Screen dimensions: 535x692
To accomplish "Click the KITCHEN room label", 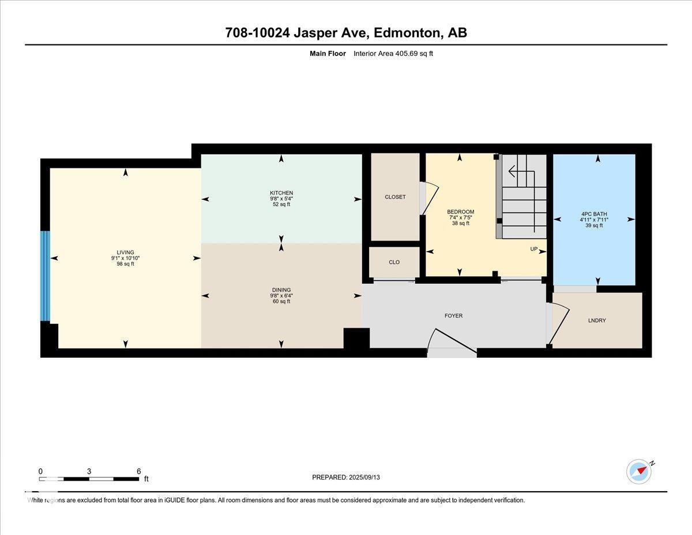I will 281,193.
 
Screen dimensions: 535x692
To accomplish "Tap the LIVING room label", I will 125,252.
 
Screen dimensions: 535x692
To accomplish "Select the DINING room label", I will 281,290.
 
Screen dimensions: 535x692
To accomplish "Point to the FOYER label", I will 453,316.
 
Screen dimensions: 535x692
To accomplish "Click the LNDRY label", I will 597,320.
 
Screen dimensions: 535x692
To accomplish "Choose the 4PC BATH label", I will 594,214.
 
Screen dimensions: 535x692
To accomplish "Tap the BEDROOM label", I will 460,212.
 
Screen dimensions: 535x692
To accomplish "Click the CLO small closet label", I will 394,262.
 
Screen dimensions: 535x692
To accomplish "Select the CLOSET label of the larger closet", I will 395,197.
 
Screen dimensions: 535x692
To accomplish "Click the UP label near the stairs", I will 534,249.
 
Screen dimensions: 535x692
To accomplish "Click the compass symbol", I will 639,471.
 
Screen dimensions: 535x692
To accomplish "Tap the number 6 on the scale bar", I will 138,471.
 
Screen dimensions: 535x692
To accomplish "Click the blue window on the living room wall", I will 45,276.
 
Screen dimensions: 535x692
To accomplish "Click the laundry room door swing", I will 560,323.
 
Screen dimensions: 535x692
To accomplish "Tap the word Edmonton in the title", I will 407,33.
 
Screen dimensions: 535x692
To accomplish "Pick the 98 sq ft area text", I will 125,264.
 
